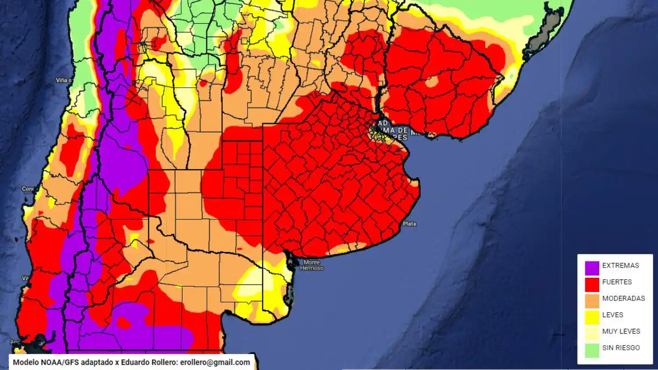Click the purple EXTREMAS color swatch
tap(592, 268)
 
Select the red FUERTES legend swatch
tap(592, 285)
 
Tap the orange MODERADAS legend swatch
tap(592, 301)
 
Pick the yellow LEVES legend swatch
tap(592, 317)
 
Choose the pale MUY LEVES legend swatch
tap(592, 334)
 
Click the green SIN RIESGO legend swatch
tap(592, 350)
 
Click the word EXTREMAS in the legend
tap(620, 266)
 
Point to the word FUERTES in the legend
tap(617, 282)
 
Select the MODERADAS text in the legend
tap(623, 299)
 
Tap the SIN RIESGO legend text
tap(621, 348)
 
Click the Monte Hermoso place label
tap(311, 265)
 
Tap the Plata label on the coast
tap(409, 224)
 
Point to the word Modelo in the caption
tap(25, 363)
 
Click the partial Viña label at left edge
tap(64, 80)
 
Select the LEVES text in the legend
tap(612, 315)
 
